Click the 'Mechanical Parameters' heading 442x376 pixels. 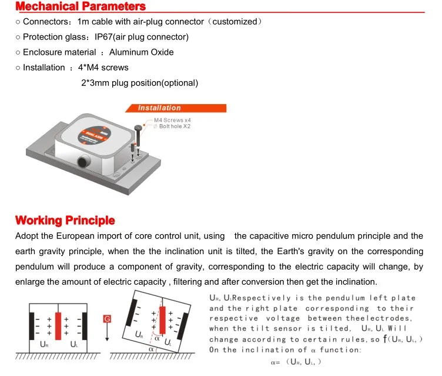click(80, 7)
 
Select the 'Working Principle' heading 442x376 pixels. click(65, 221)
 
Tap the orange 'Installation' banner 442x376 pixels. click(159, 108)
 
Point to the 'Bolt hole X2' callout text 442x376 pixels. click(175, 127)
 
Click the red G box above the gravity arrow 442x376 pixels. click(107, 319)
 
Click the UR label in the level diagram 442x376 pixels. click(43, 344)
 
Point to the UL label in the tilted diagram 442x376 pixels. click(168, 342)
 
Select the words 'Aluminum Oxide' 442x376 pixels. click(141, 52)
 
